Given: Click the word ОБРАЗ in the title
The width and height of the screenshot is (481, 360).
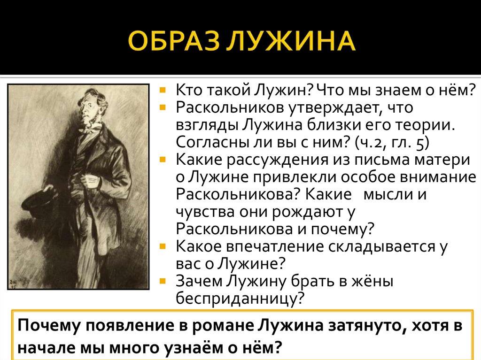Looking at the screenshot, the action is coord(174,40).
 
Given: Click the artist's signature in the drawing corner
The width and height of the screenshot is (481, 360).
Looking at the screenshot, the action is coord(14,284).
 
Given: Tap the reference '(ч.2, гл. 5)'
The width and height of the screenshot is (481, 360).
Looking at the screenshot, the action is coord(391,143).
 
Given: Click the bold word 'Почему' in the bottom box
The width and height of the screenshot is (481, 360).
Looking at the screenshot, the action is coord(49,326).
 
